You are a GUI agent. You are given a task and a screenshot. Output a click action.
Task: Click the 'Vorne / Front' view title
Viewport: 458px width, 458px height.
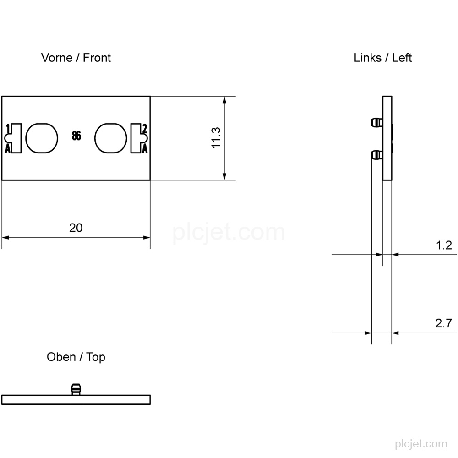[76, 58]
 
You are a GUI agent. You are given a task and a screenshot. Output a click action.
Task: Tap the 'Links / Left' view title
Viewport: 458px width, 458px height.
[382, 58]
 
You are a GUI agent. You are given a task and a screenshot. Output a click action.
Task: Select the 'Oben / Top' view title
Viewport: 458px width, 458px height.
[76, 357]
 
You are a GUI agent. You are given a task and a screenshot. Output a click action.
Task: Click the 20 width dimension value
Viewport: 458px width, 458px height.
[76, 228]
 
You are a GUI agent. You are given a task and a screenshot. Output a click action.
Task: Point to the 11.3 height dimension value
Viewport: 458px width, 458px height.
[216, 138]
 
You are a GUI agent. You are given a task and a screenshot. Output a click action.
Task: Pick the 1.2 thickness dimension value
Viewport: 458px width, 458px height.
[444, 245]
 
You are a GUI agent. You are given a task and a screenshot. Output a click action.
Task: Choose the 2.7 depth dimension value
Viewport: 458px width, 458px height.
[444, 323]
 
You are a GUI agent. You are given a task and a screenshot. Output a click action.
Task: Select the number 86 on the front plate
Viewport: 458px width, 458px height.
[76, 136]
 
